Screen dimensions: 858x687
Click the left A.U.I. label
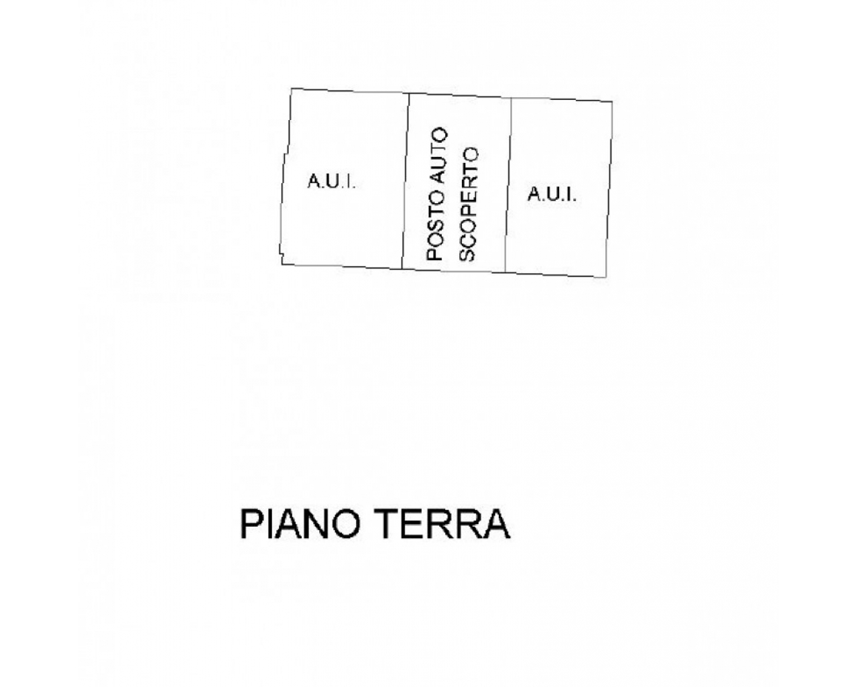331,181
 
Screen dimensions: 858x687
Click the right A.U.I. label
552,194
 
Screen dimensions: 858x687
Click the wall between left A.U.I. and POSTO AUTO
406,181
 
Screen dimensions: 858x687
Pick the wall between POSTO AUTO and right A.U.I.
508,185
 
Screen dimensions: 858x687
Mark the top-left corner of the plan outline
292,88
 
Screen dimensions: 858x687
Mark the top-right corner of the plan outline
613,102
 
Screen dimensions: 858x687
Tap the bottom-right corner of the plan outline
607,276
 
